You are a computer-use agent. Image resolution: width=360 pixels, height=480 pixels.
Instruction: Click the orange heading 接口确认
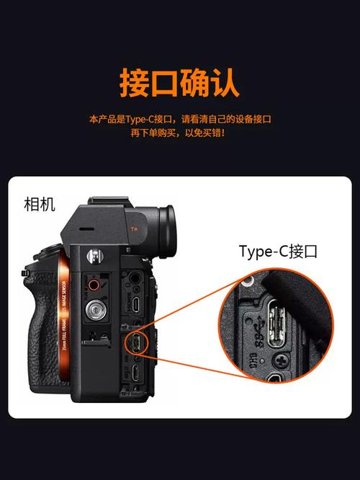pyautogui.click(x=179, y=84)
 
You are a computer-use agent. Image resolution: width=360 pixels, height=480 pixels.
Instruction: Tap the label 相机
pyautogui.click(x=40, y=205)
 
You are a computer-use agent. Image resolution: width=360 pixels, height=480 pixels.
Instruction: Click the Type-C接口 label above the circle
pyautogui.click(x=278, y=252)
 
